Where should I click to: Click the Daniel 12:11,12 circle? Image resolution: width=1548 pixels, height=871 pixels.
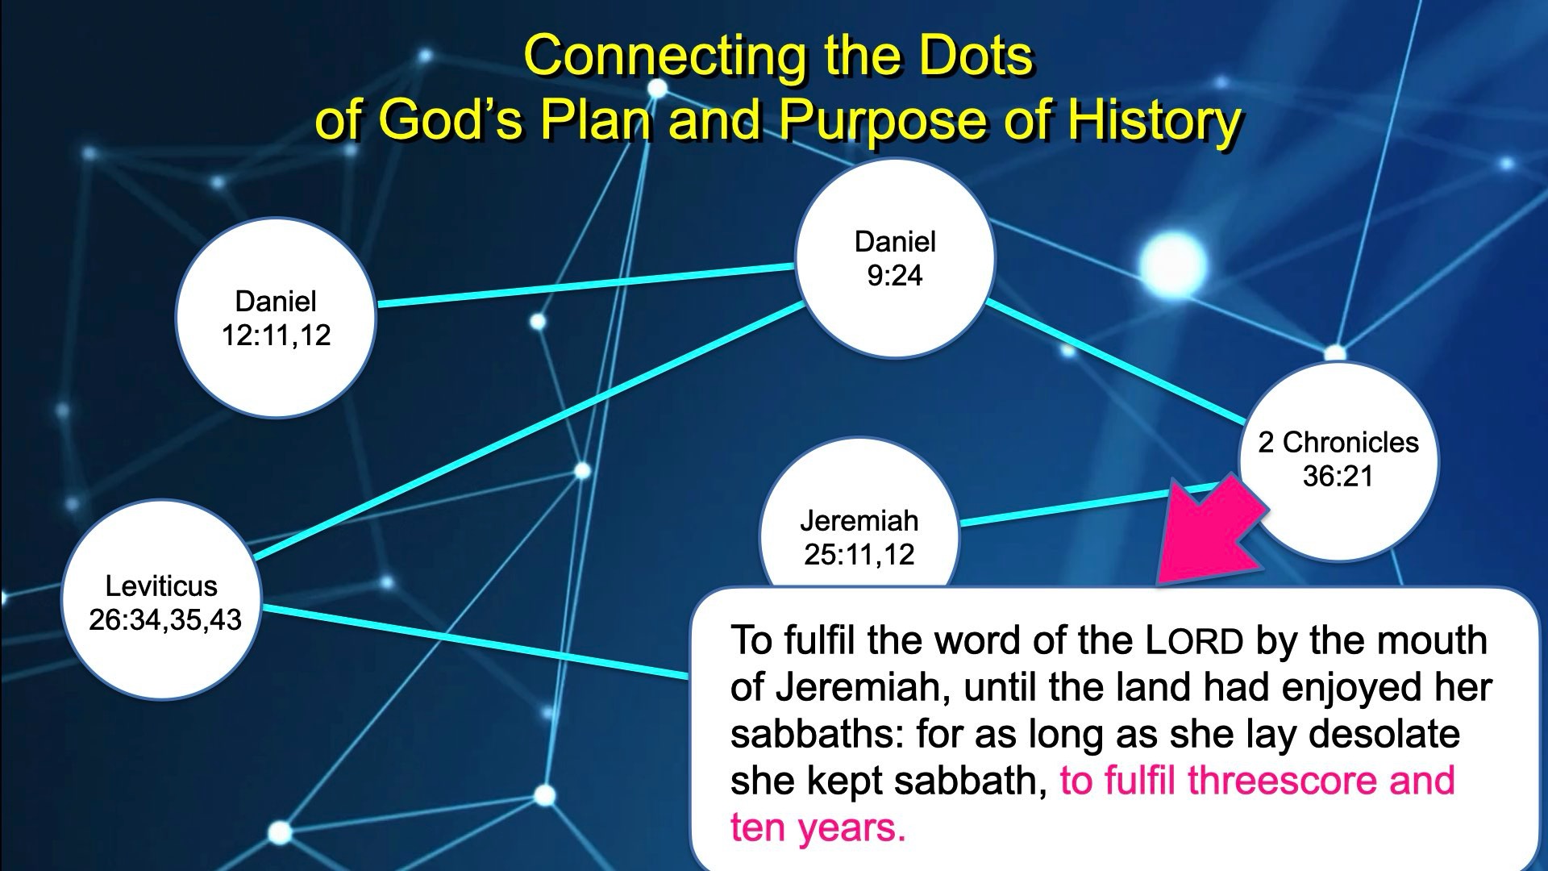[x=276, y=318]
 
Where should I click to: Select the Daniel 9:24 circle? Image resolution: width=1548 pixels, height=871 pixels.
[x=895, y=258]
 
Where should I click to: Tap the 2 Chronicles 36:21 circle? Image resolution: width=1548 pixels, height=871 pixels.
[x=1338, y=461]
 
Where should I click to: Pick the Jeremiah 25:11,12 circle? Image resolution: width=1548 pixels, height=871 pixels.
[x=859, y=516]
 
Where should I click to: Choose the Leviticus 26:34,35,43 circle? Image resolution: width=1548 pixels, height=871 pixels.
[x=162, y=600]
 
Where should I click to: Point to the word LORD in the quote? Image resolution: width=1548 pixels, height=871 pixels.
[x=1195, y=641]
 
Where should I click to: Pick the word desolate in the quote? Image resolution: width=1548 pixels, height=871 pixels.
[x=1384, y=734]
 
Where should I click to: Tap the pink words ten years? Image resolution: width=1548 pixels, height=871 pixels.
[x=818, y=828]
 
